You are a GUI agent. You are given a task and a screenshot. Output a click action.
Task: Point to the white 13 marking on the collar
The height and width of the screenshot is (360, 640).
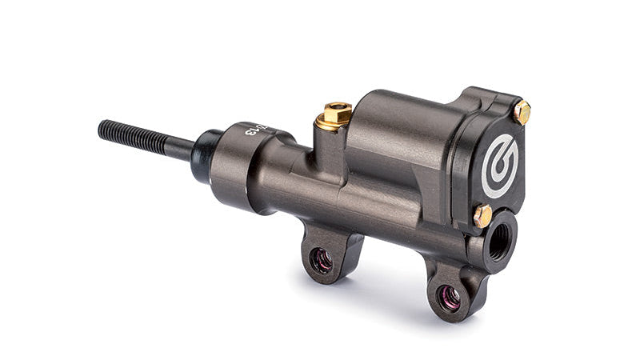pos(255,129)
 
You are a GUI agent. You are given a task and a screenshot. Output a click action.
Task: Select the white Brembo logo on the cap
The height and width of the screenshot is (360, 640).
pos(500,164)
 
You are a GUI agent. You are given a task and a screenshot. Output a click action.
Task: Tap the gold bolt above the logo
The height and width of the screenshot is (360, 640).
pos(522,112)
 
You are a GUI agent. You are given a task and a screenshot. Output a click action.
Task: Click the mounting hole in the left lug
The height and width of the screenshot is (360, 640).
pos(322,261)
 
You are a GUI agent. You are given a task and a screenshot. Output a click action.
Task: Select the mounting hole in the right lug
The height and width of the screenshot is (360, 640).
pos(449,297)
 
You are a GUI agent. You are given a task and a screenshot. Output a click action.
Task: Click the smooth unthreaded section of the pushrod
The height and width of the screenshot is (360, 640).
pos(180,146)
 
